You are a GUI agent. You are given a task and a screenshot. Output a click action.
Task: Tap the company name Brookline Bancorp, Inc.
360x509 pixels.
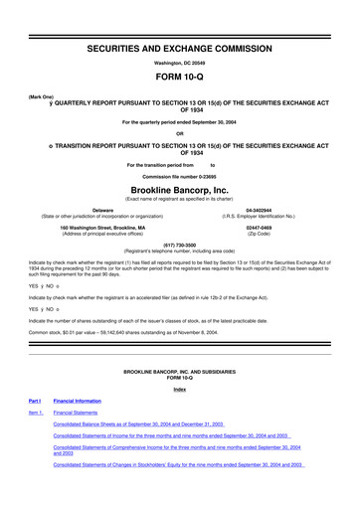pyautogui.click(x=179, y=186)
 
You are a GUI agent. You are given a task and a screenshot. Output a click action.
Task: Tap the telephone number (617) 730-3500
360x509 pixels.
pyautogui.click(x=179, y=243)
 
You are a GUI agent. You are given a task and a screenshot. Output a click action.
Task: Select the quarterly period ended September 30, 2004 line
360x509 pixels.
pyautogui.click(x=179, y=122)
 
